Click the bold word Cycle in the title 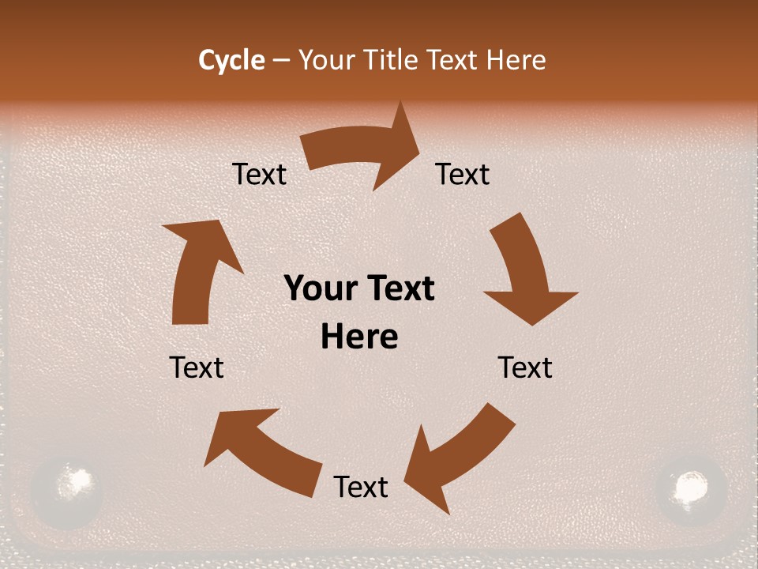click(231, 60)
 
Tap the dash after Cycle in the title click(282, 61)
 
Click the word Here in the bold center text click(359, 337)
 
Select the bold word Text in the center click(400, 288)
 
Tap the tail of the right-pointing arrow click(312, 150)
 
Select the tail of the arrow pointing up click(189, 312)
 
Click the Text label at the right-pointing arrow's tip click(463, 174)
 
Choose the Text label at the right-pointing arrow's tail click(259, 174)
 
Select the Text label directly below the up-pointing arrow click(197, 367)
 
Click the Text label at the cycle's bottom click(361, 487)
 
